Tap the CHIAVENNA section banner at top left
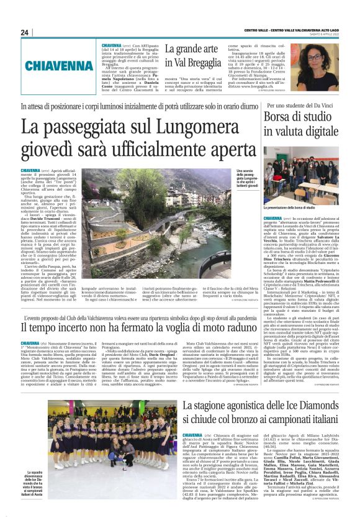(51, 63)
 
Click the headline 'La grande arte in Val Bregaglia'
(192, 54)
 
